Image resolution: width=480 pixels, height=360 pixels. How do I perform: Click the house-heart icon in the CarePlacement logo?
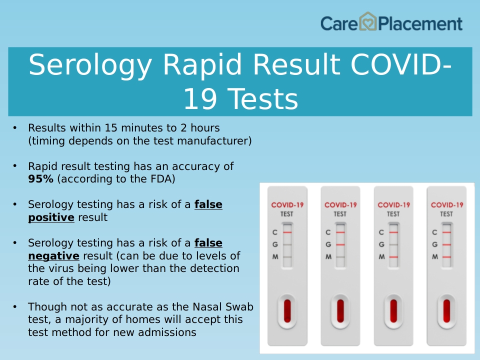(367, 21)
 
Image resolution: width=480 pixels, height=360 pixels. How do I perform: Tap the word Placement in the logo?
(420, 24)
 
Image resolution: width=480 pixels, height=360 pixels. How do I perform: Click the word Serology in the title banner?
(90, 65)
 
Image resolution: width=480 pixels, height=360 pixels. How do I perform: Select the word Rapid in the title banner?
(202, 65)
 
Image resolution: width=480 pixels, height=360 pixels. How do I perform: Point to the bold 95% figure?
(40, 179)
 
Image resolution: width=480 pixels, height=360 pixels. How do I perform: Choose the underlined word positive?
(51, 217)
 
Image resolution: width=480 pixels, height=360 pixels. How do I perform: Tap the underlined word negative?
(53, 255)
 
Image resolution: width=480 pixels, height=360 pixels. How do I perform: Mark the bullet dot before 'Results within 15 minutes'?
(15, 127)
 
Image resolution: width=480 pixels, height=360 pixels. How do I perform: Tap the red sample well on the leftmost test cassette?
(287, 311)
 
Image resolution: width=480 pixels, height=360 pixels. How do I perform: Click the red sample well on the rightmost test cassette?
(446, 311)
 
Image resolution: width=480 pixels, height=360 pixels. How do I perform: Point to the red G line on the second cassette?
(340, 244)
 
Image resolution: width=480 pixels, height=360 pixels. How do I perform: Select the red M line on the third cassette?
(393, 257)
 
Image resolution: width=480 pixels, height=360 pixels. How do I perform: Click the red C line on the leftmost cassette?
(287, 232)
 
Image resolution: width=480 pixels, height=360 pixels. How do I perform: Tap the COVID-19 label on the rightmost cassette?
(447, 205)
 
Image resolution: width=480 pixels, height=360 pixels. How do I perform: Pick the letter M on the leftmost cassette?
(275, 256)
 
